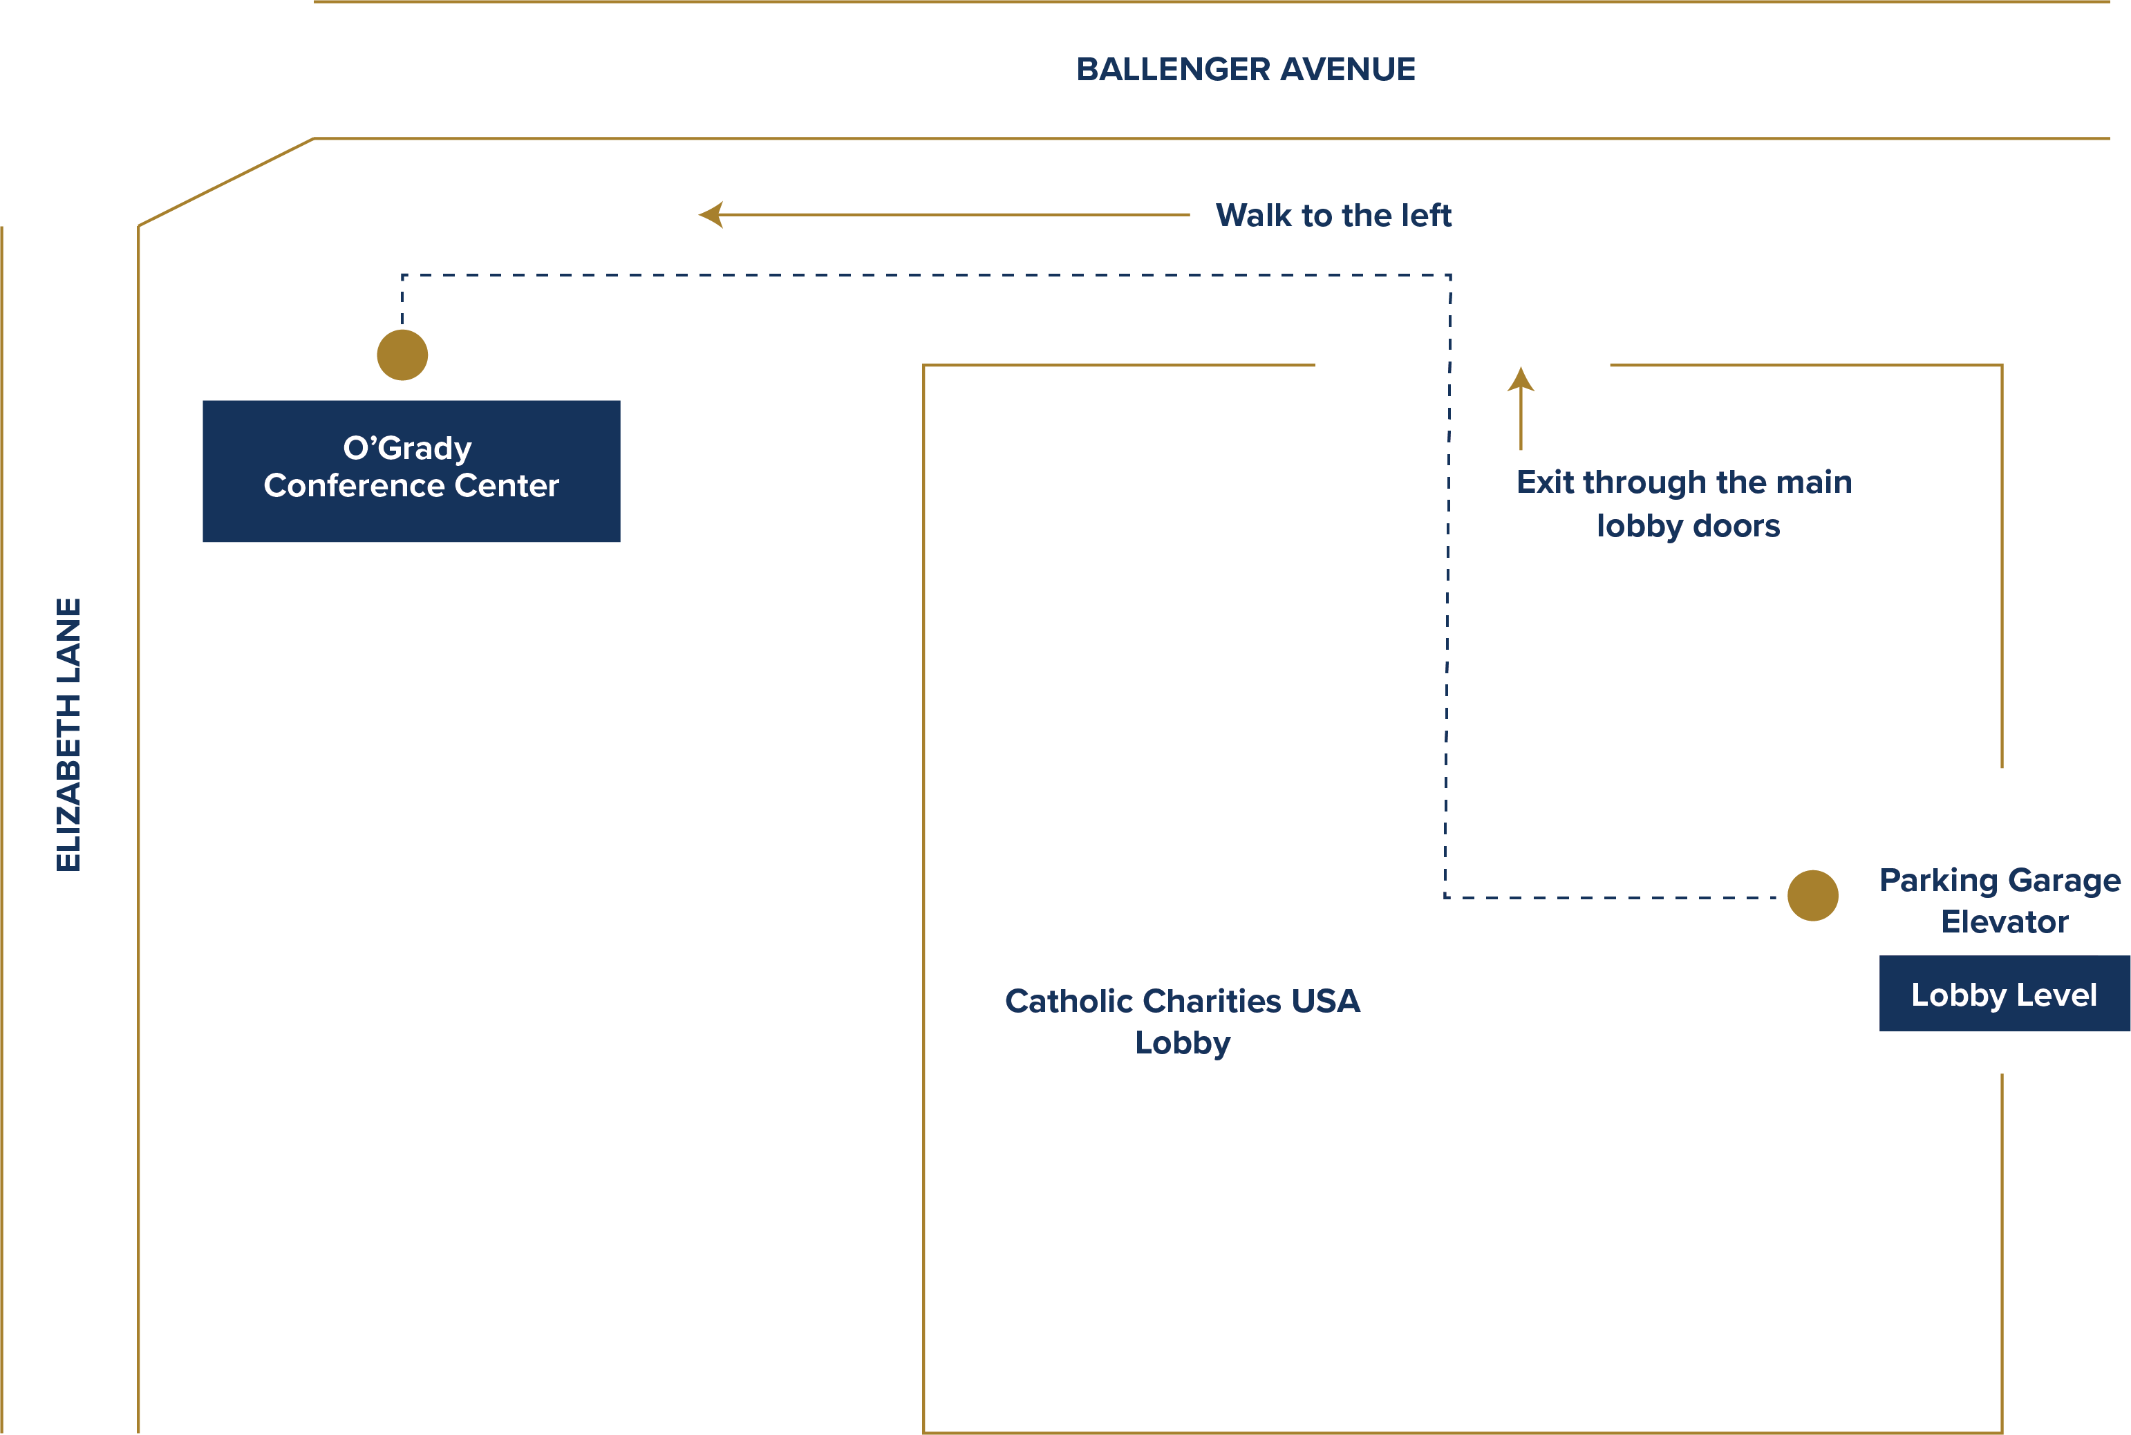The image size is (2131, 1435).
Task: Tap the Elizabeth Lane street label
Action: (68, 735)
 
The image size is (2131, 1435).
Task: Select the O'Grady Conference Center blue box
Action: (412, 471)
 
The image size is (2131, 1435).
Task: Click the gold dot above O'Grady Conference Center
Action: (402, 355)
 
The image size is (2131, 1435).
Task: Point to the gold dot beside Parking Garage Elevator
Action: (1812, 896)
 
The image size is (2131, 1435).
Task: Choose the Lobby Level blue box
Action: (2004, 994)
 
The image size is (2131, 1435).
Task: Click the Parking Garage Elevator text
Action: (2000, 901)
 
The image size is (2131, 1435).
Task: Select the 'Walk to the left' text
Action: (1333, 216)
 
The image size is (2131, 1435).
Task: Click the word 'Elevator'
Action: (2005, 921)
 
